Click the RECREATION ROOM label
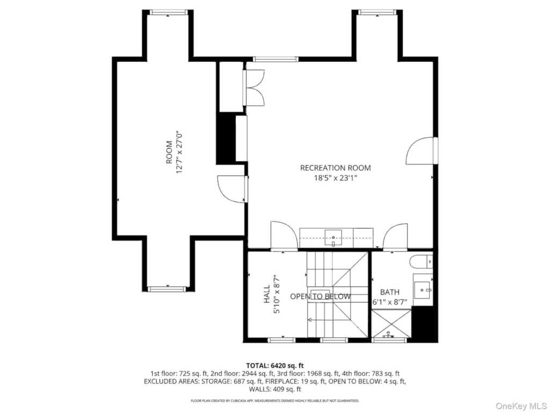tap(335, 168)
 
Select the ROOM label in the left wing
tap(169, 152)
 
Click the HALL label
tap(267, 297)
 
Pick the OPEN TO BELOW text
tap(321, 297)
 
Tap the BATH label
tap(390, 292)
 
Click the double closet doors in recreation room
tap(254, 88)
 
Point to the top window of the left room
tap(169, 12)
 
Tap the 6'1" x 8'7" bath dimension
tap(390, 302)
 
